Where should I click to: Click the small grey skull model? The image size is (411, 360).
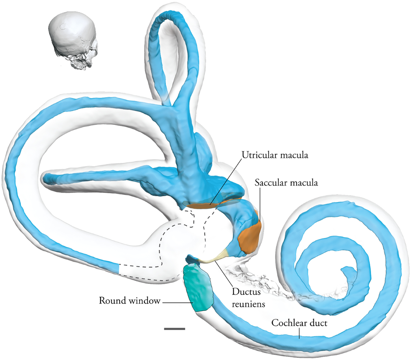click(x=73, y=43)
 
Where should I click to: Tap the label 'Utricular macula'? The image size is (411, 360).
click(x=275, y=155)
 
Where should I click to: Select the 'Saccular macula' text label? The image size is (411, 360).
click(x=286, y=183)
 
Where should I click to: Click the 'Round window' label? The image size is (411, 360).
click(x=129, y=301)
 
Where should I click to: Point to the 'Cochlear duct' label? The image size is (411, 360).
click(x=299, y=323)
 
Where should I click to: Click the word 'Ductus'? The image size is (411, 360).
click(x=246, y=292)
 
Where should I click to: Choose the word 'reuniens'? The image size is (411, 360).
click(x=248, y=304)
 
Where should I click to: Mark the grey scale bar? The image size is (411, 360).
click(x=174, y=329)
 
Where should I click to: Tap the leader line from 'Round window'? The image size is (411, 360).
click(x=178, y=302)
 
